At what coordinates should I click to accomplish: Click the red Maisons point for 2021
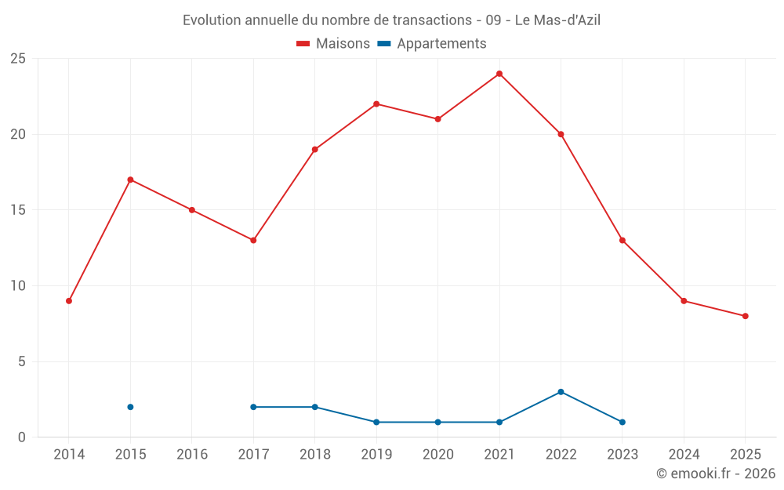click(x=499, y=74)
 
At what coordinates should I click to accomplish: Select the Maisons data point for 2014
click(x=69, y=301)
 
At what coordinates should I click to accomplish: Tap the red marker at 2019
click(x=376, y=104)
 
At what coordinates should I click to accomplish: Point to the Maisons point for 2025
click(x=746, y=316)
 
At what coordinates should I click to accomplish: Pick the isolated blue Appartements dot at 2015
click(x=130, y=407)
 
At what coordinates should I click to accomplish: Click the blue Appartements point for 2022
click(x=561, y=392)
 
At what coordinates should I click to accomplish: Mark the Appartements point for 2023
click(x=622, y=422)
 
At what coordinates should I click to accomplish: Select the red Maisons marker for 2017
click(x=253, y=241)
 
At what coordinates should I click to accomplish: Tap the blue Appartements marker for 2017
click(x=253, y=407)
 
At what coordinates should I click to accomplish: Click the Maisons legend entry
click(x=333, y=44)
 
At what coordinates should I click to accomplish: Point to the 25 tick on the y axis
click(x=17, y=59)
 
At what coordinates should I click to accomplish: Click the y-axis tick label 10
click(x=17, y=286)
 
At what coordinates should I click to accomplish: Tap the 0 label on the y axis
click(x=22, y=437)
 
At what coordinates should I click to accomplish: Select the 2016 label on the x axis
click(x=192, y=455)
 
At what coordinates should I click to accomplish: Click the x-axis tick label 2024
click(x=684, y=455)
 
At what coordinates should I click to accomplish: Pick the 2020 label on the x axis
click(x=437, y=455)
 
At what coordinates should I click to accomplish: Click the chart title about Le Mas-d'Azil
click(x=391, y=20)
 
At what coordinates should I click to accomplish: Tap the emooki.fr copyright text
click(x=715, y=474)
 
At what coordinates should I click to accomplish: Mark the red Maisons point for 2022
click(x=561, y=134)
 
